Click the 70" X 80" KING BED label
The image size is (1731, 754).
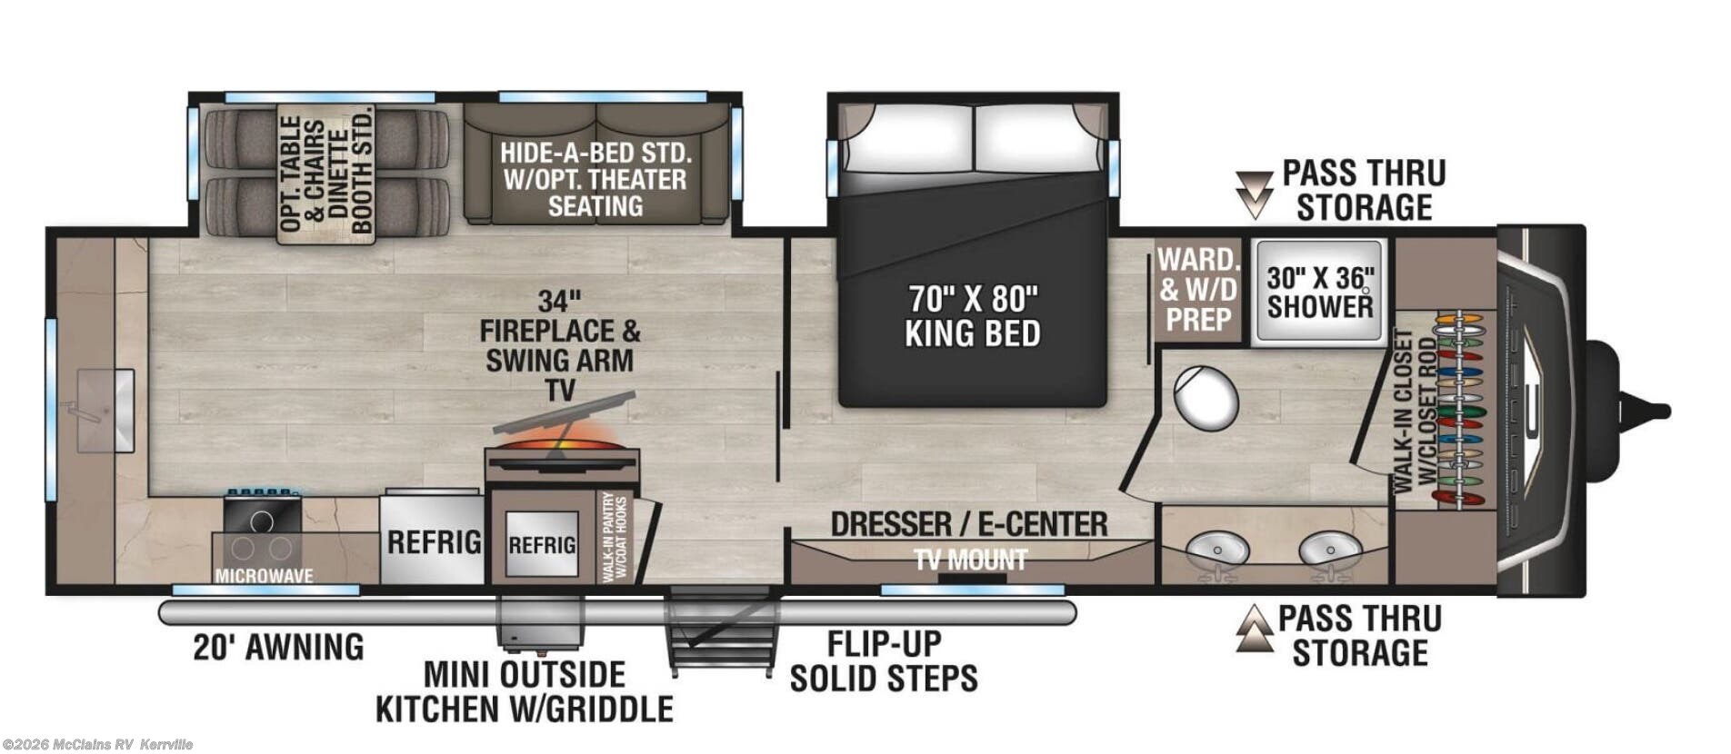[972, 316]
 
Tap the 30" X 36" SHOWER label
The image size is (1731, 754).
[1320, 293]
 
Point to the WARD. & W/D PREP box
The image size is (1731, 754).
[1197, 289]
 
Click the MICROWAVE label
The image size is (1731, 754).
[264, 576]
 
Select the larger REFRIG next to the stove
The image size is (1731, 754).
[434, 542]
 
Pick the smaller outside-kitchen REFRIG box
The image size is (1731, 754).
[541, 545]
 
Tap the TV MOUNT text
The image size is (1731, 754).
[971, 561]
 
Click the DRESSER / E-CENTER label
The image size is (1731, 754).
[969, 524]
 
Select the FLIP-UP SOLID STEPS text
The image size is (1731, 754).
[883, 660]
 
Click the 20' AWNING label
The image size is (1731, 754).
[278, 647]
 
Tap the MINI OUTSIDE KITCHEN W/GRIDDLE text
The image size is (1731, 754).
[525, 691]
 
